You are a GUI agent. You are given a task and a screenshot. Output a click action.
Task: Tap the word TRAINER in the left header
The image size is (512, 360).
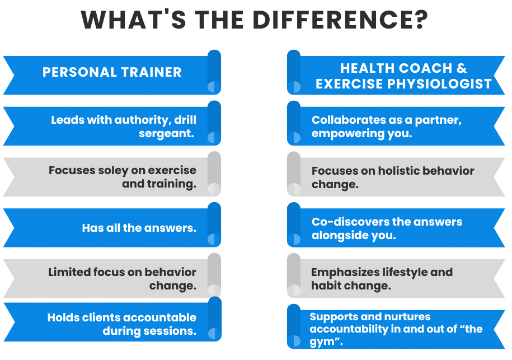(151, 72)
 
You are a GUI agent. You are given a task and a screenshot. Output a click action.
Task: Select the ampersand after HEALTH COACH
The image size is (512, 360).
(462, 68)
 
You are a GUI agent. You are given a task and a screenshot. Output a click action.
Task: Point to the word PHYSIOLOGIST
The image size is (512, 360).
(439, 84)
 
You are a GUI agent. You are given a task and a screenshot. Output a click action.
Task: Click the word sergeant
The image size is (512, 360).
(167, 134)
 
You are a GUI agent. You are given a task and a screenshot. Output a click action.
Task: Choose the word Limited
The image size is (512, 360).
(69, 272)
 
